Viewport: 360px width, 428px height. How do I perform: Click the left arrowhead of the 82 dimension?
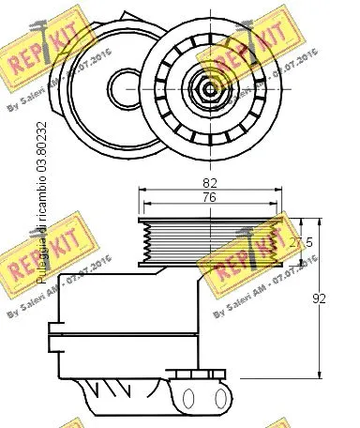pyautogui.click(x=142, y=191)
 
